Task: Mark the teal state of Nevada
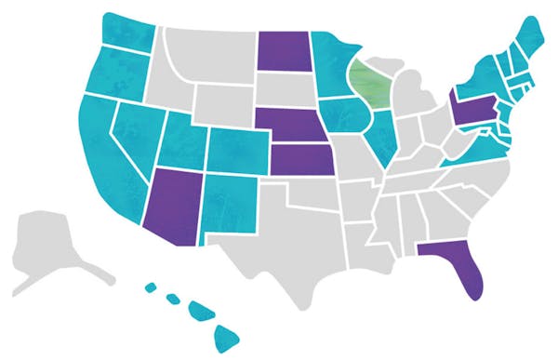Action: point(135,140)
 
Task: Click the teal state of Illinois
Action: point(380,130)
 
